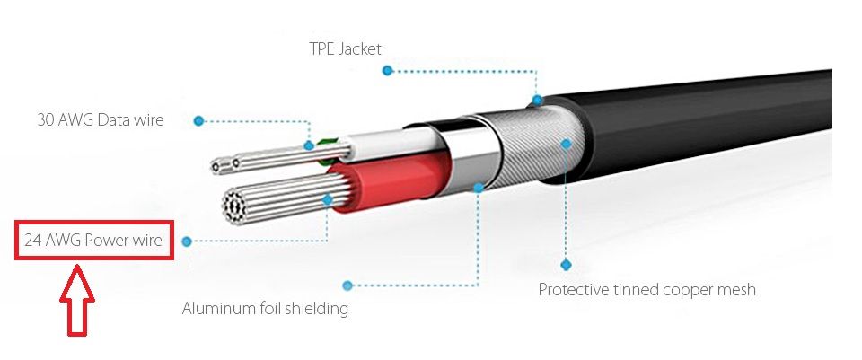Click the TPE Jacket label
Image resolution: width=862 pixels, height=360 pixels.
pos(345,48)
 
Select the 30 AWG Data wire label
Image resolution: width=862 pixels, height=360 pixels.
pos(100,119)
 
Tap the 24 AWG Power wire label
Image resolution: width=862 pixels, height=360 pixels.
pos(93,241)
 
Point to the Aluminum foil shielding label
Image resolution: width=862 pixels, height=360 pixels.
pos(265,308)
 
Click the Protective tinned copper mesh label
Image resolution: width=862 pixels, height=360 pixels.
pos(646,290)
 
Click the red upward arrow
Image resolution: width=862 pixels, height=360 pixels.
pos(77,300)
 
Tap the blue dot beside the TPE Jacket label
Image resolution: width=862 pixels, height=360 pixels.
pos(388,70)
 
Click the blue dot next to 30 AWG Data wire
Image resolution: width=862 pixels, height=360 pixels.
pos(199,121)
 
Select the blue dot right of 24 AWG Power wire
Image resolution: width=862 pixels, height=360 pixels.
pos(187,241)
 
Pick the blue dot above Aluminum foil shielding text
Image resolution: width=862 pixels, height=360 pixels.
pos(347,285)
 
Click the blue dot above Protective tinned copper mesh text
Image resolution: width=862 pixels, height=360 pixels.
pos(567,265)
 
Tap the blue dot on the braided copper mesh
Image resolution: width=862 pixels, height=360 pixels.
pos(567,144)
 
